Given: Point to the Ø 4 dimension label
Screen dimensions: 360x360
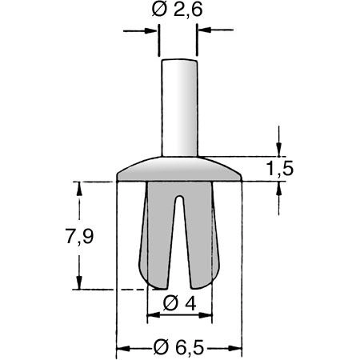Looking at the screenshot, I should [x=179, y=303].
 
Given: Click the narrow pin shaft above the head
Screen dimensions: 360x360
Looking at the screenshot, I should [x=178, y=108].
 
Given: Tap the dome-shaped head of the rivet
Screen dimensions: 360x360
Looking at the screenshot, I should [x=179, y=170].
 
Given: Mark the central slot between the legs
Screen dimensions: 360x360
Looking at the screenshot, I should [x=178, y=240].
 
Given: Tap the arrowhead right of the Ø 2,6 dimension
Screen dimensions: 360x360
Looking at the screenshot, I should [x=206, y=31].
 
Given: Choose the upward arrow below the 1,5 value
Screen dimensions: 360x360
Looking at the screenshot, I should [x=278, y=189].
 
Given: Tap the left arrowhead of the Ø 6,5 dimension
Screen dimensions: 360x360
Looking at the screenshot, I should [x=123, y=349].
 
